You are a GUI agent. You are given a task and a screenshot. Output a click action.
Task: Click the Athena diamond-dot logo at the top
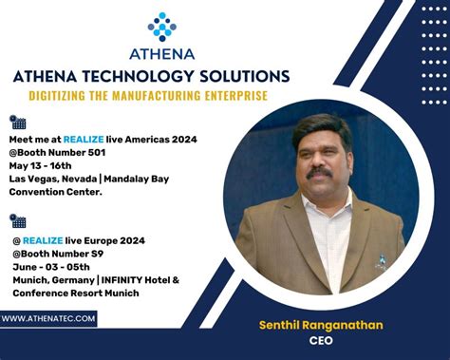pyautogui.click(x=161, y=26)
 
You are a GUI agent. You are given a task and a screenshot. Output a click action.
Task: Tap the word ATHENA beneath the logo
pyautogui.click(x=162, y=53)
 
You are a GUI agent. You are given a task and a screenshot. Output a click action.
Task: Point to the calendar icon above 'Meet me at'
pyautogui.click(x=17, y=122)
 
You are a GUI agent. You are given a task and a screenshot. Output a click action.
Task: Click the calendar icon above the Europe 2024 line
pyautogui.click(x=17, y=220)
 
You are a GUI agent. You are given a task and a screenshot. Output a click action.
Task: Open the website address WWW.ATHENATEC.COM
pyautogui.click(x=48, y=319)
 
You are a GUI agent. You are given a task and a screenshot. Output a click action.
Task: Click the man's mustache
pyautogui.click(x=319, y=175)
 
